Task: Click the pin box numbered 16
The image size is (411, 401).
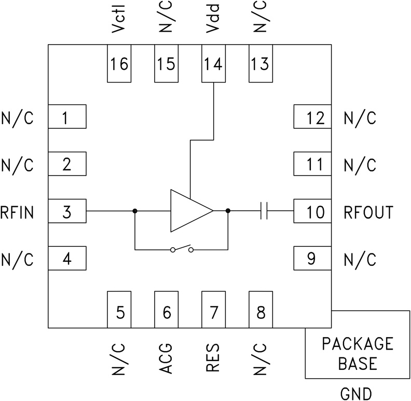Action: (119, 63)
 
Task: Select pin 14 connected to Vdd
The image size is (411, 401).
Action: (213, 63)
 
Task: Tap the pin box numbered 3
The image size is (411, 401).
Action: (67, 211)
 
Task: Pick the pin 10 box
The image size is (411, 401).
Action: (313, 211)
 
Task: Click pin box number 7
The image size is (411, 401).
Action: (213, 310)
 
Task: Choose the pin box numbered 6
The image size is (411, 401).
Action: (166, 310)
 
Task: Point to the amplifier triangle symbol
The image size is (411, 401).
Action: (188, 211)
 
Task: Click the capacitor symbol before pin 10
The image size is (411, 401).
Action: (264, 211)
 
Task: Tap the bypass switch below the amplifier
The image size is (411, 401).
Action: (182, 250)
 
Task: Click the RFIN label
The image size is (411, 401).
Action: (17, 212)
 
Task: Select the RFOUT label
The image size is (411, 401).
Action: (368, 212)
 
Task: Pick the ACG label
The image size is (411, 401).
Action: (167, 358)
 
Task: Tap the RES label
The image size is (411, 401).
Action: (213, 358)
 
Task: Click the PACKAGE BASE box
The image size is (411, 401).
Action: (358, 353)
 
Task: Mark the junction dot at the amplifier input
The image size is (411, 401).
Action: (135, 211)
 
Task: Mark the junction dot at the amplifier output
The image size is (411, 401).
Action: (228, 211)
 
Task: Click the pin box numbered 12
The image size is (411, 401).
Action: (313, 117)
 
